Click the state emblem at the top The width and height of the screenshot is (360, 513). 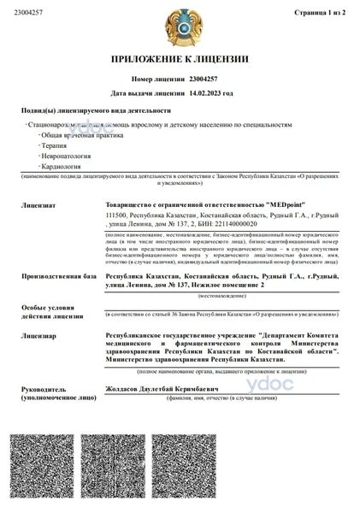point(179,27)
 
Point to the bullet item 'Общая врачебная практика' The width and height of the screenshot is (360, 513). point(76,136)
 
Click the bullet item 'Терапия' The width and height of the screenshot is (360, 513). point(55,146)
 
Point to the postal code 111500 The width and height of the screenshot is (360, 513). point(116,217)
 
